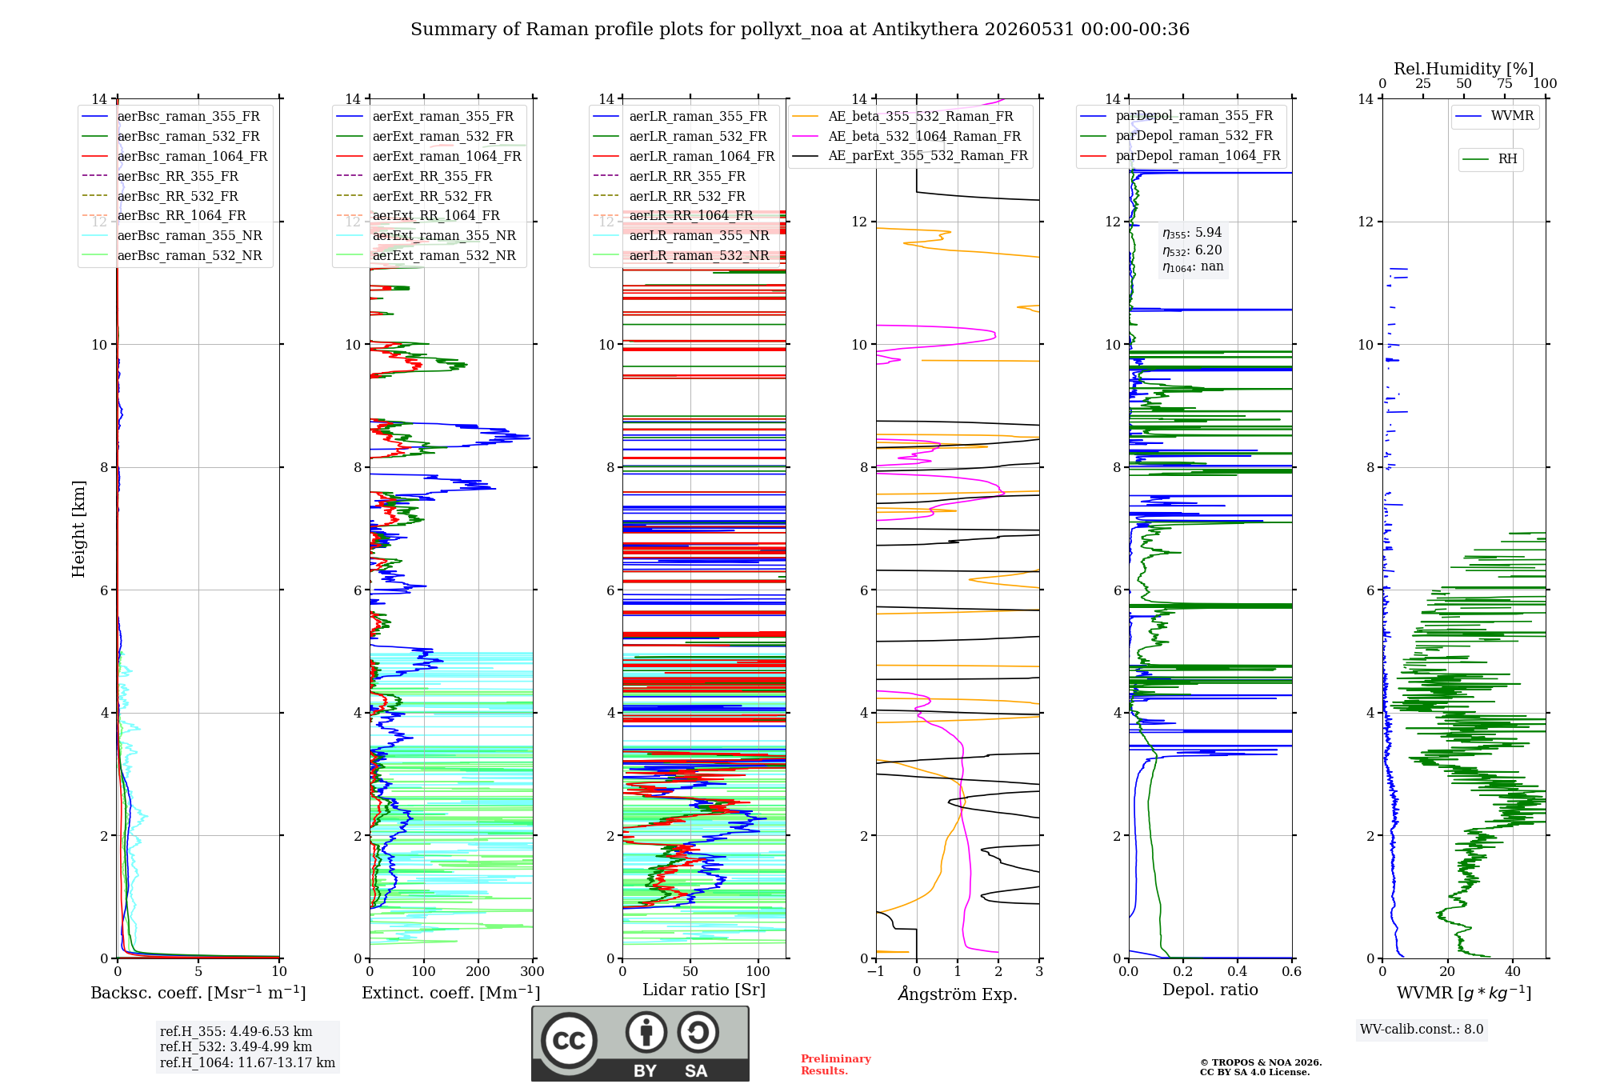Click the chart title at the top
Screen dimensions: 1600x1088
[x=800, y=30]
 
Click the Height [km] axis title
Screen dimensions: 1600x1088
[x=78, y=529]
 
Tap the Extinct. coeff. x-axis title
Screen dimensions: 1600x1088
[x=451, y=993]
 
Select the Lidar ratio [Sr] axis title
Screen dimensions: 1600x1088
[x=704, y=990]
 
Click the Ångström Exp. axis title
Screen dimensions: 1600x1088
[x=958, y=994]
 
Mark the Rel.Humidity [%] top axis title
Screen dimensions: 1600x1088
[x=1464, y=69]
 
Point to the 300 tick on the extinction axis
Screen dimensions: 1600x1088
[x=532, y=971]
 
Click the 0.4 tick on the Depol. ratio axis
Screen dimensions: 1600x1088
[x=1238, y=971]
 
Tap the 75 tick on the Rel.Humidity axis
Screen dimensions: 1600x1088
[x=1505, y=84]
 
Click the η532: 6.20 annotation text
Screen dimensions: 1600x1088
[x=1192, y=250]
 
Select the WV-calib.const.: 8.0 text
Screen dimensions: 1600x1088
[x=1422, y=1030]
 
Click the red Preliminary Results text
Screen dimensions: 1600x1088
[x=836, y=1065]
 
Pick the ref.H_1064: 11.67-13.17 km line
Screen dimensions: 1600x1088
[x=247, y=1063]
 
